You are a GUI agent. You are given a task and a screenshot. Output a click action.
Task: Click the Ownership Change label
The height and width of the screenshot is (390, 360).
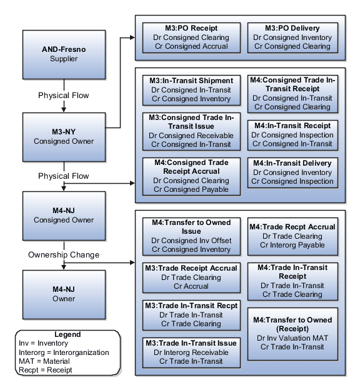click(x=63, y=255)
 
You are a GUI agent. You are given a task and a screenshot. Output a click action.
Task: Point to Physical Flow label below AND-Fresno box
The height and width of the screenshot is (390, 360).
click(x=63, y=96)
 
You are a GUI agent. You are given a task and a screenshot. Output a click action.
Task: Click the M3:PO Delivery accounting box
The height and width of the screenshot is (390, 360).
click(x=292, y=37)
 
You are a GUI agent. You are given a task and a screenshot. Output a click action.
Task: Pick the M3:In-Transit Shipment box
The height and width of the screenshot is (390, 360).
click(x=191, y=89)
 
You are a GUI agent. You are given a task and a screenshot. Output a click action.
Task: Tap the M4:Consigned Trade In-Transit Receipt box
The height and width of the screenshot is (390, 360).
click(x=292, y=93)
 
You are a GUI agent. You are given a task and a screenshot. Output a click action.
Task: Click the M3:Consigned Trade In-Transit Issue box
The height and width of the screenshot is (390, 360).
click(x=191, y=131)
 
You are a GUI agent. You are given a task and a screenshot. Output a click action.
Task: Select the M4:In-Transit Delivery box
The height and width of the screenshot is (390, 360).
click(x=292, y=172)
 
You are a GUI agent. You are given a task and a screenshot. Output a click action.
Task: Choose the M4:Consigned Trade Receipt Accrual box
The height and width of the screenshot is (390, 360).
click(x=191, y=176)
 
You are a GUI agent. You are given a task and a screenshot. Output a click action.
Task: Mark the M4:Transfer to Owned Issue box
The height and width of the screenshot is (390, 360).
click(x=191, y=236)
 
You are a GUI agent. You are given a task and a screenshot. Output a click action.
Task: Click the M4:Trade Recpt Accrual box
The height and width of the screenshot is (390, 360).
click(x=292, y=236)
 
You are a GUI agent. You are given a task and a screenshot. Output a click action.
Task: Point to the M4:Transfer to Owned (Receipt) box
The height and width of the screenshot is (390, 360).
click(x=292, y=333)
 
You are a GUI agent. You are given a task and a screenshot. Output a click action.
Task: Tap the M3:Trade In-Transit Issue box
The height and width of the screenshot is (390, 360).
click(x=191, y=351)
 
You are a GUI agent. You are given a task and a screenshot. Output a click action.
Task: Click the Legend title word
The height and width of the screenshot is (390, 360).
click(x=67, y=334)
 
